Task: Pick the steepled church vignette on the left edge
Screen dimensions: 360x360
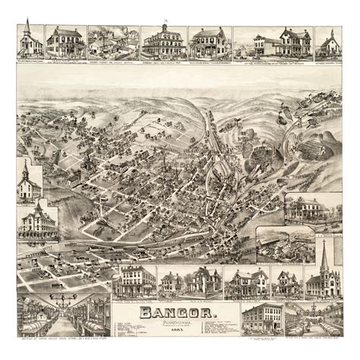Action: pyautogui.click(x=30, y=181)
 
